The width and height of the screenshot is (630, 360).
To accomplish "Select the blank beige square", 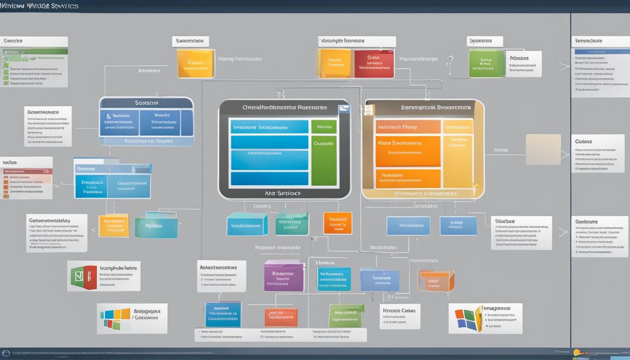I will [x=543, y=150].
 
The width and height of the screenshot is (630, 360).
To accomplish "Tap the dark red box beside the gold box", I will [x=374, y=64].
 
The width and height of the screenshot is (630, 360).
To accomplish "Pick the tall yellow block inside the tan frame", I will [x=457, y=161].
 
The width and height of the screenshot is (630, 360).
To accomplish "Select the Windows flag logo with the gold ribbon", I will [x=468, y=319].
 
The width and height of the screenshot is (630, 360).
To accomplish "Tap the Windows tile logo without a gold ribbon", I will [x=115, y=319].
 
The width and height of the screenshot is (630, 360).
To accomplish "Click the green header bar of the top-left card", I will [x=35, y=51].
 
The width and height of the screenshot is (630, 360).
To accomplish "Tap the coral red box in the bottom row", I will [x=280, y=317].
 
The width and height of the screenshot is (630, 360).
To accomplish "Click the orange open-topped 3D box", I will [x=436, y=280].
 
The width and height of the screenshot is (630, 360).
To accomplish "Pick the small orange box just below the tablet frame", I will [x=337, y=223].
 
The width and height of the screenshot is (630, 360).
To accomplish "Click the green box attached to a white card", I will [x=486, y=64].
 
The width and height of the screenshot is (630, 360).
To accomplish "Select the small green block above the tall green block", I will [x=324, y=127].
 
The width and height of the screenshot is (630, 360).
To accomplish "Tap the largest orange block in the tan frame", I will [x=408, y=151].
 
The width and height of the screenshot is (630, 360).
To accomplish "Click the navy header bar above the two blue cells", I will [x=146, y=103].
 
